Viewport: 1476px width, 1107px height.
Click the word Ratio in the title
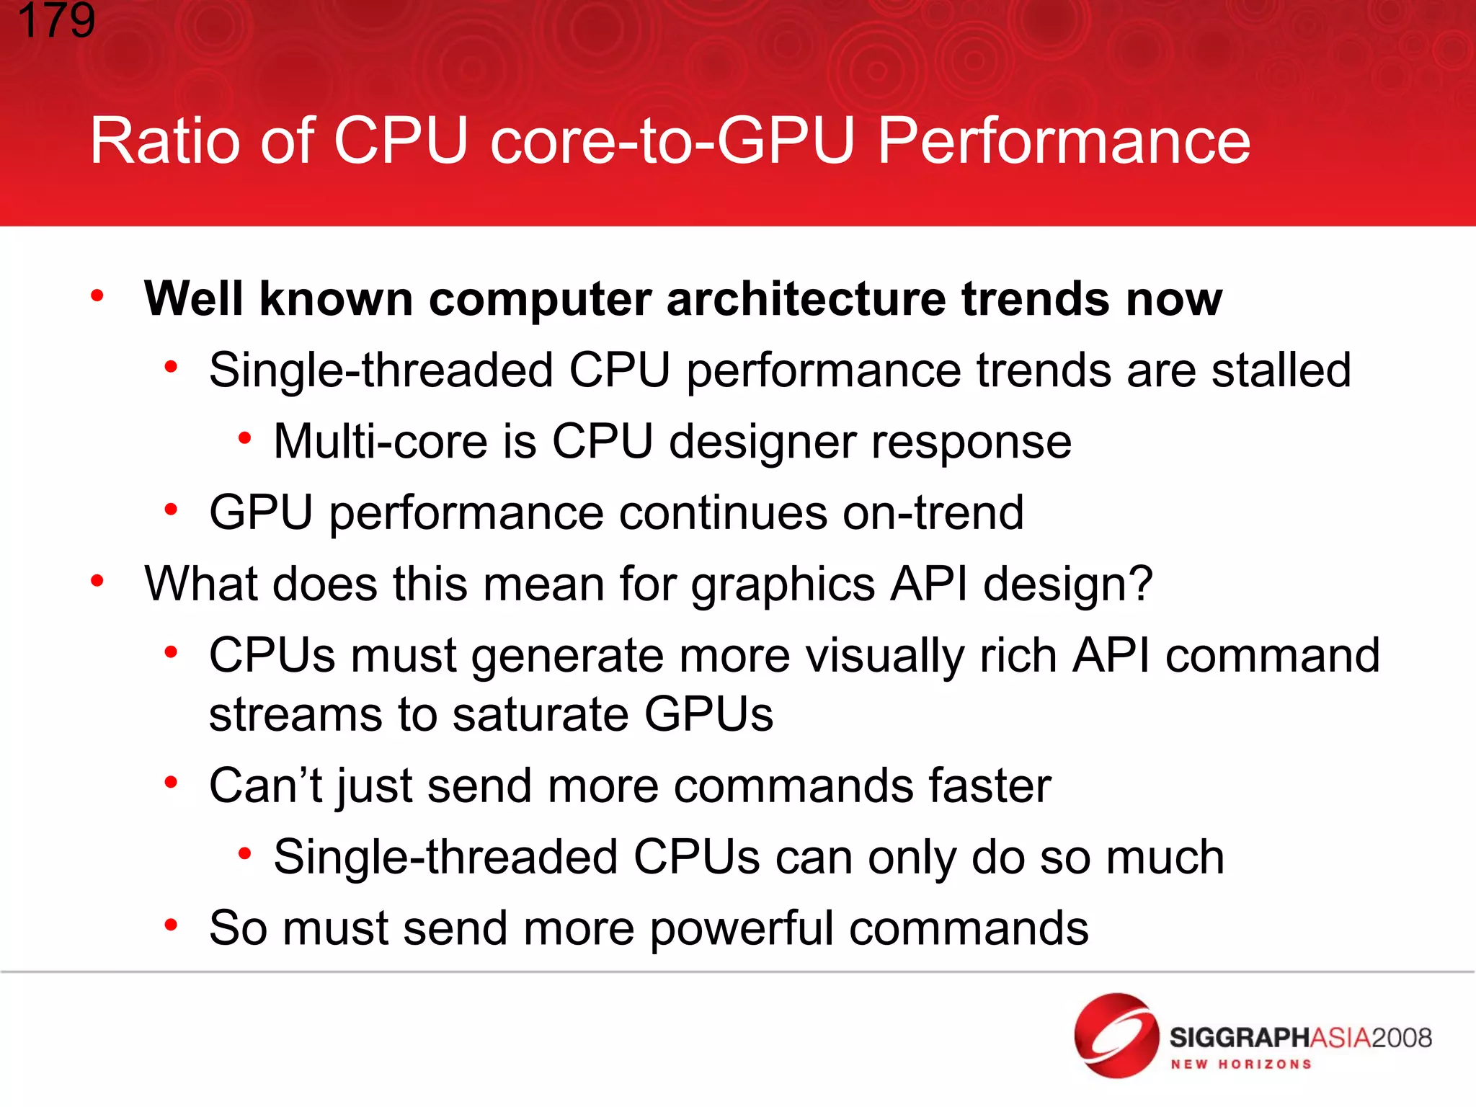point(164,141)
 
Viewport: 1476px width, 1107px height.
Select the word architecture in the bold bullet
point(806,298)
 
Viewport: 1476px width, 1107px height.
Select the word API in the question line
point(929,583)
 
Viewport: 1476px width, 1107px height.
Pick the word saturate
point(540,714)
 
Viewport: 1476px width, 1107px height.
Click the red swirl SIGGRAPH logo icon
point(1116,1036)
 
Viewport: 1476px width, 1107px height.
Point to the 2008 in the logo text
point(1401,1038)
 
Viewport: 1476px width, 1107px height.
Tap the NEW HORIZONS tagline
point(1240,1064)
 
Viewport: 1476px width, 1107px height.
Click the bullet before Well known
point(97,295)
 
